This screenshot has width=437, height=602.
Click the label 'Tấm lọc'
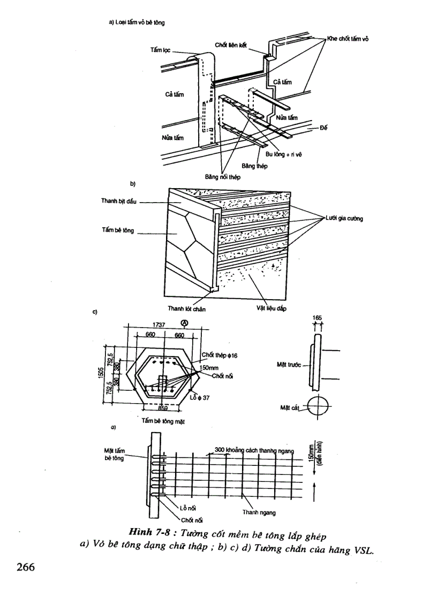tap(161, 49)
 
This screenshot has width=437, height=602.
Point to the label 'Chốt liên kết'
tap(231, 45)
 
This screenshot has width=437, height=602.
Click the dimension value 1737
tap(158, 325)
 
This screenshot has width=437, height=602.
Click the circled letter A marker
tap(185, 323)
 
